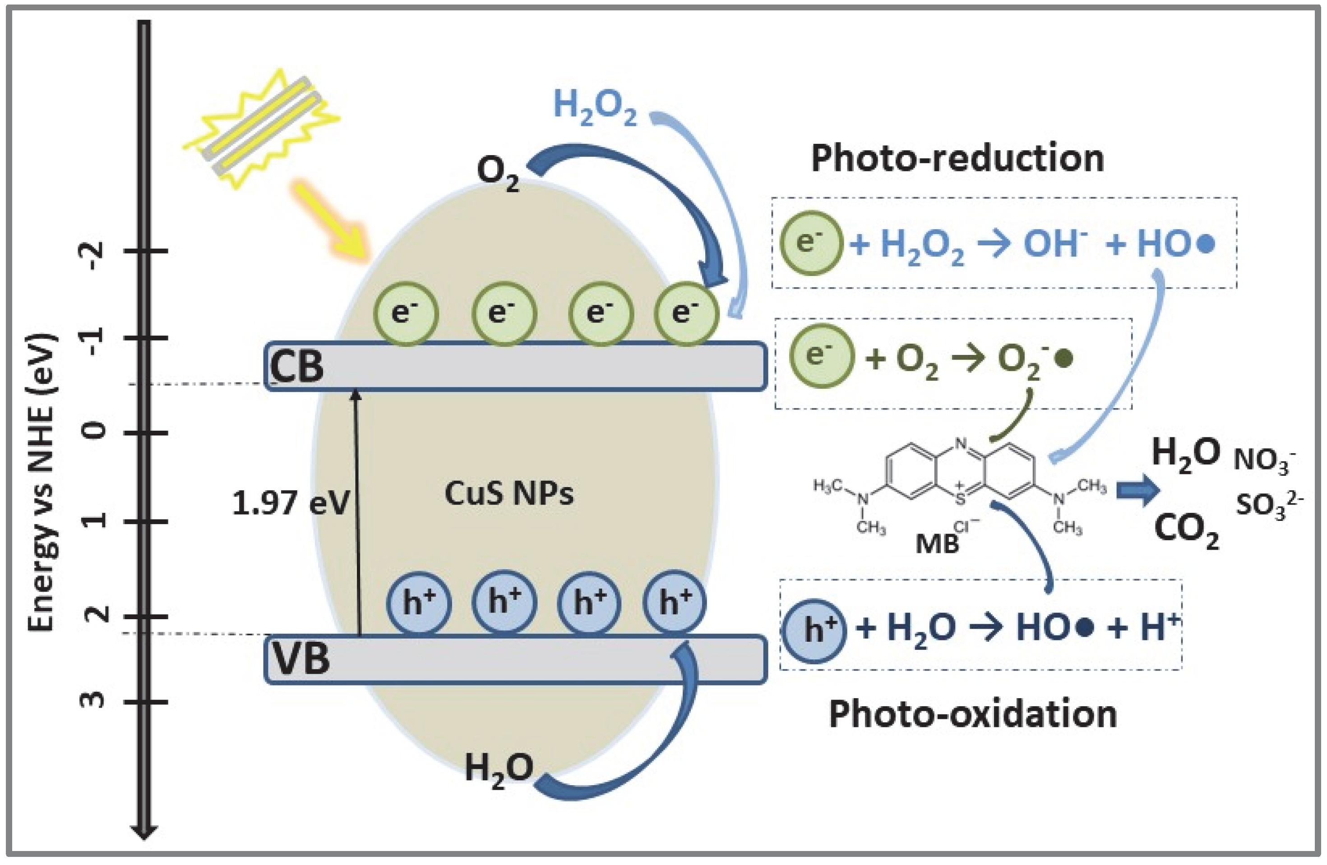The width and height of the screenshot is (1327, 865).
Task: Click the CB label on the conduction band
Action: (296, 367)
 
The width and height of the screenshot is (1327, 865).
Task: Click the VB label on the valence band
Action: (301, 659)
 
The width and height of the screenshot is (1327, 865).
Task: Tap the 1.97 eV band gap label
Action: (290, 503)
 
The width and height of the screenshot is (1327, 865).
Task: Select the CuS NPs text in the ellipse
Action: (509, 494)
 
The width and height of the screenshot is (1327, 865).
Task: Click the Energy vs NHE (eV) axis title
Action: (42, 482)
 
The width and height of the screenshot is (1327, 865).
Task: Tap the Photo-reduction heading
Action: (957, 158)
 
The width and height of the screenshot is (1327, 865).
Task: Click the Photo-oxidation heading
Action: (973, 714)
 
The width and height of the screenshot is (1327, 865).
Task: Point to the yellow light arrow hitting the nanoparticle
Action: (329, 221)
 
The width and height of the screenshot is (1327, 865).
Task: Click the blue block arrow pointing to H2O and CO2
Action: (1137, 491)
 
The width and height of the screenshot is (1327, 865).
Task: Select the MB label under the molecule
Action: (937, 544)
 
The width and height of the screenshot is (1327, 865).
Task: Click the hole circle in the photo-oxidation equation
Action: (814, 631)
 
